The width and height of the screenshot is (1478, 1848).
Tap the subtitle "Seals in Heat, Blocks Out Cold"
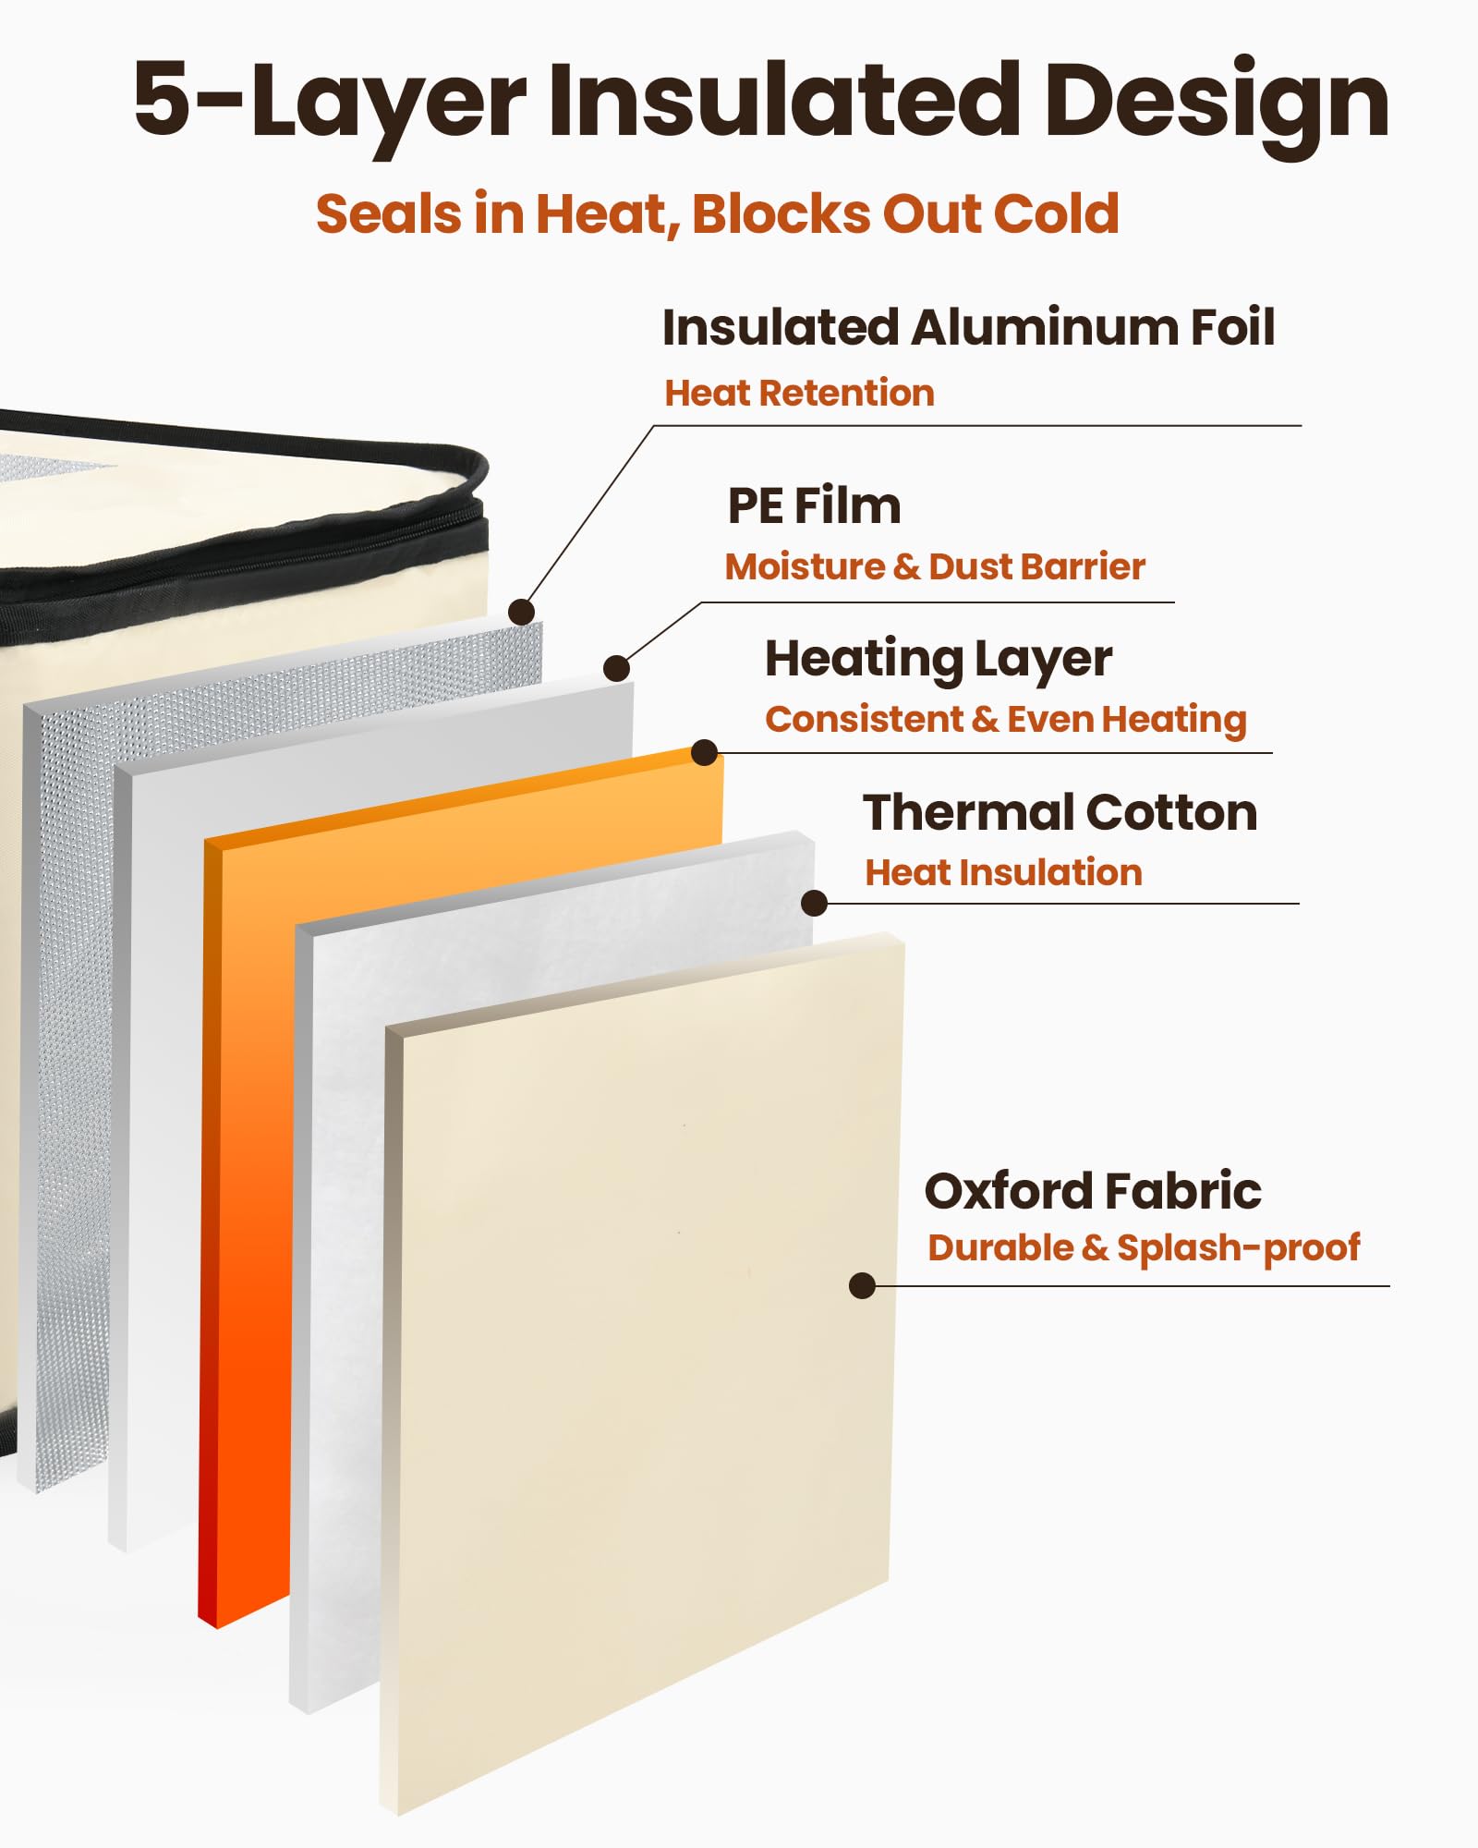717,214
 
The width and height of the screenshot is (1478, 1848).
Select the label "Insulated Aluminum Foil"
968,328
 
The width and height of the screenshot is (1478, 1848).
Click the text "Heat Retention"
799,394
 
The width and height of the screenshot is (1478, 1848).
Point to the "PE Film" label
814,506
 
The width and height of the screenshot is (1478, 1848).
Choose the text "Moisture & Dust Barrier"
935,567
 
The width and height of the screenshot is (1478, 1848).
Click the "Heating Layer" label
938,660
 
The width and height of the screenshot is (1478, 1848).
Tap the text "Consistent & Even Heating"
1005,720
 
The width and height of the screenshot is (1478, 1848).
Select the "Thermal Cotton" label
1060,813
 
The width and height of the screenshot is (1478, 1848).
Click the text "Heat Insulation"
1003,873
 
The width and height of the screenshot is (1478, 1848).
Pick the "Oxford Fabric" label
1093,1191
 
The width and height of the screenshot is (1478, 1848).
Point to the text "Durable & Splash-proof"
1144,1248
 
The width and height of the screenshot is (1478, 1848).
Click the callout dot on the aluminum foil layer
522,612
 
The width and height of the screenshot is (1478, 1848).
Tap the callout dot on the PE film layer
616,668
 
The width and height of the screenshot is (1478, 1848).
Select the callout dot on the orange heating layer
705,753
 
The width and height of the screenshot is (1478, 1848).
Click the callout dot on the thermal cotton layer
814,903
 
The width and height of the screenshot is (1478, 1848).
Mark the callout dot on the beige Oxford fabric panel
862,1285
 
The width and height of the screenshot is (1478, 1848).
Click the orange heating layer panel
249,1201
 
